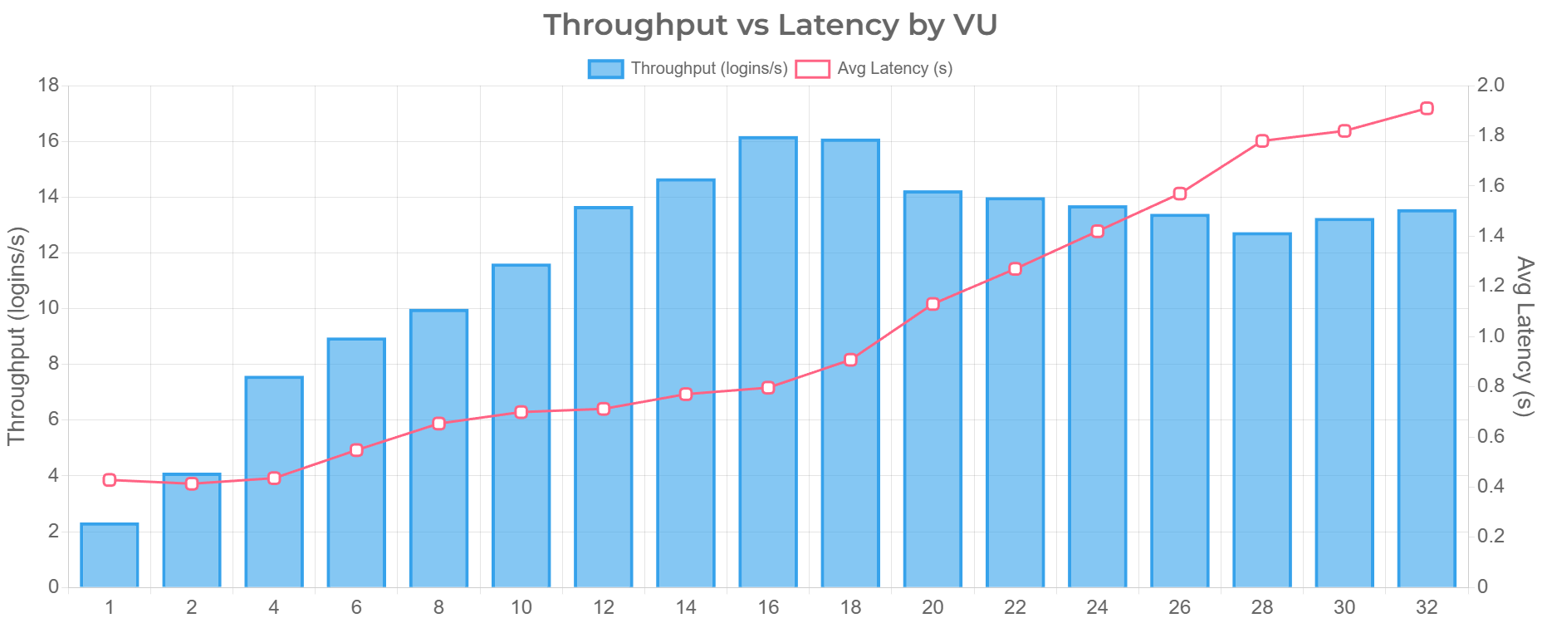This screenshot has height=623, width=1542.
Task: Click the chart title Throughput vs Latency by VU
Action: (x=770, y=25)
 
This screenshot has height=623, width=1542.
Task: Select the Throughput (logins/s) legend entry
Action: (x=688, y=69)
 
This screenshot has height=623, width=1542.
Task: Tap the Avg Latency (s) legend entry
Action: (x=874, y=69)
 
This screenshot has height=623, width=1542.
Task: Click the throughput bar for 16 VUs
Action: (x=768, y=361)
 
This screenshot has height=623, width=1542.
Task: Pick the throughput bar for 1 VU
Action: (x=110, y=554)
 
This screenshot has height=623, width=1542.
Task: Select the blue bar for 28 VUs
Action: (x=1262, y=409)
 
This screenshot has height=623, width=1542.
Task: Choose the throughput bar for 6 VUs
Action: (x=356, y=462)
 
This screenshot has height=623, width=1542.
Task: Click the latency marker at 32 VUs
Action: (x=1427, y=109)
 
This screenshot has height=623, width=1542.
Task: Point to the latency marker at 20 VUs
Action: (x=933, y=304)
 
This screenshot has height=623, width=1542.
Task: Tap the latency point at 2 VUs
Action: (x=192, y=483)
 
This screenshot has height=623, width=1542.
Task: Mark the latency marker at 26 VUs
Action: (x=1180, y=194)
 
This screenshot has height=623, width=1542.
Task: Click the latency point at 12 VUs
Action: (x=604, y=409)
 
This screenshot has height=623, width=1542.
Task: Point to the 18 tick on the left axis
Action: (x=49, y=85)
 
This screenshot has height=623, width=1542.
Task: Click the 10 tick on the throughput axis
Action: (x=49, y=307)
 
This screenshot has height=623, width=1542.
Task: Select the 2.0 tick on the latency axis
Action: (x=1491, y=85)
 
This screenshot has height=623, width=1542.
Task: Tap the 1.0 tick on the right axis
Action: (x=1491, y=336)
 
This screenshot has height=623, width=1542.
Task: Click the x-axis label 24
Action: (x=1097, y=608)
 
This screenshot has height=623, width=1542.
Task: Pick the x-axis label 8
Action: (x=438, y=608)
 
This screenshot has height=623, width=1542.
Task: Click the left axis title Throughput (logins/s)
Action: (x=17, y=336)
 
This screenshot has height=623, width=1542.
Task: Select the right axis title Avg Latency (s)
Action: (x=1525, y=336)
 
